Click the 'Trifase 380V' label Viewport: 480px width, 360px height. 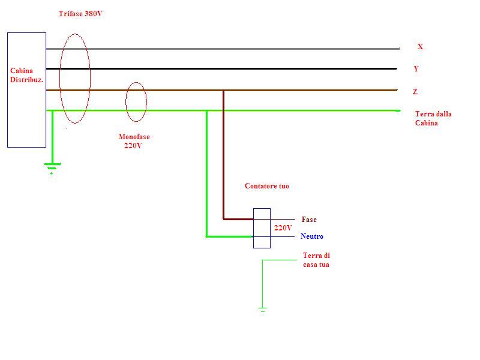click(80, 14)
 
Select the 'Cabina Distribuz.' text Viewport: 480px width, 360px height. click(26, 75)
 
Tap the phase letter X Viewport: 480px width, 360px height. click(420, 47)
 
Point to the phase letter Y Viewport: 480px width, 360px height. click(416, 69)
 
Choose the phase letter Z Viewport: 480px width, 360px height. click(415, 92)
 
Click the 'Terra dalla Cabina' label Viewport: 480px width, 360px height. click(433, 118)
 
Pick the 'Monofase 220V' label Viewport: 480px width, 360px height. click(134, 141)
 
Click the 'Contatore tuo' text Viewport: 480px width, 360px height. click(267, 186)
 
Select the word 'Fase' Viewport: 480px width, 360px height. click(309, 220)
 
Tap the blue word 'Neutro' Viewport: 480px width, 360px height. click(312, 236)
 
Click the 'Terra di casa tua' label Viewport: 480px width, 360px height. click(316, 260)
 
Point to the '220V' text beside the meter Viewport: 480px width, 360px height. click(283, 228)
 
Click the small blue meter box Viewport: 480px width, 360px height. click(262, 228)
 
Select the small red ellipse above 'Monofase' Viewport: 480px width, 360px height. click(136, 101)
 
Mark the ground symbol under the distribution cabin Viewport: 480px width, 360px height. click(52, 166)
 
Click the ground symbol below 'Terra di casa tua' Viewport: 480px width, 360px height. click(262, 310)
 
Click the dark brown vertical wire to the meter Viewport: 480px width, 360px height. click(224, 156)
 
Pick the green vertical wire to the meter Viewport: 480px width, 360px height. click(206, 174)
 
